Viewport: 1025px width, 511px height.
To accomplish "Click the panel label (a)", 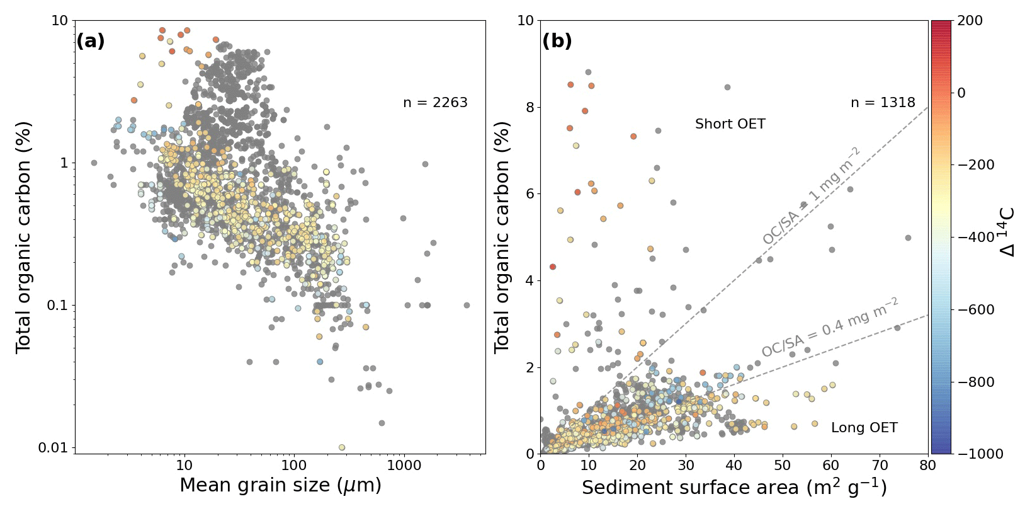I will pyautogui.click(x=91, y=42).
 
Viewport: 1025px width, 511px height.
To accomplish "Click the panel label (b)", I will pyautogui.click(x=557, y=42).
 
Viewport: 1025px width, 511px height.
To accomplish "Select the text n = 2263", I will pyautogui.click(x=435, y=103).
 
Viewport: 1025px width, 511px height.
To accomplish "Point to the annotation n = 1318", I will pyautogui.click(x=883, y=103).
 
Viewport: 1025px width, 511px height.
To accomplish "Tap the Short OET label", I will pyautogui.click(x=730, y=124).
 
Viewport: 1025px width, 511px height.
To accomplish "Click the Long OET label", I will pyautogui.click(x=864, y=428).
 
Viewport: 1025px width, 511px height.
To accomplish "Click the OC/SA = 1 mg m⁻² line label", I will pyautogui.click(x=811, y=196).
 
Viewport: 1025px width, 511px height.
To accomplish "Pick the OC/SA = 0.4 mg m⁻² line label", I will pyautogui.click(x=829, y=328).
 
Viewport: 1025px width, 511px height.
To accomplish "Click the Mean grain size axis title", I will pyautogui.click(x=280, y=486).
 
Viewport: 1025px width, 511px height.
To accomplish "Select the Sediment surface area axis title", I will pyautogui.click(x=734, y=488).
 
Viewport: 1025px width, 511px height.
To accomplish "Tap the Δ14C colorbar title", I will pyautogui.click(x=1007, y=232).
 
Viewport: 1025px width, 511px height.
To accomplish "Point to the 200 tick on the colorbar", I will pyautogui.click(x=970, y=21).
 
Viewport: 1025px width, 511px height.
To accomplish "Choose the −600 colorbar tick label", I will pyautogui.click(x=976, y=310).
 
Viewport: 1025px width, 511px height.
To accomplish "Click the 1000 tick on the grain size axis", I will pyautogui.click(x=404, y=466).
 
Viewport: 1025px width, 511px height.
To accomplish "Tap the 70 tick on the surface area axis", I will pyautogui.click(x=880, y=466).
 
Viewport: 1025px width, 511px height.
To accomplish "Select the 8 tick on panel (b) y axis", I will pyautogui.click(x=529, y=108).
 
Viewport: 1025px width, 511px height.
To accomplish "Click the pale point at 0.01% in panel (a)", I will pyautogui.click(x=342, y=447).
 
